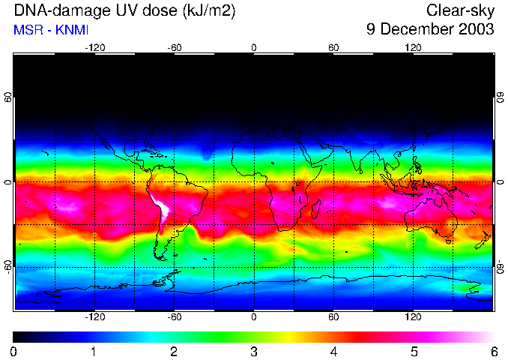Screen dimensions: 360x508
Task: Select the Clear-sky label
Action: [460, 11]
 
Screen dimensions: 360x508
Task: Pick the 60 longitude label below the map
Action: [333, 317]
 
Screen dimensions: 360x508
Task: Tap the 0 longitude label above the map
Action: [254, 47]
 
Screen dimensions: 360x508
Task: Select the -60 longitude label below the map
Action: [175, 317]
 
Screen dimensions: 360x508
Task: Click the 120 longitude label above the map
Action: [413, 47]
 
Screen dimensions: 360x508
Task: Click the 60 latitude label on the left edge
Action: [8, 98]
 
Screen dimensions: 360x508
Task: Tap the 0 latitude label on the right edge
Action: [500, 182]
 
